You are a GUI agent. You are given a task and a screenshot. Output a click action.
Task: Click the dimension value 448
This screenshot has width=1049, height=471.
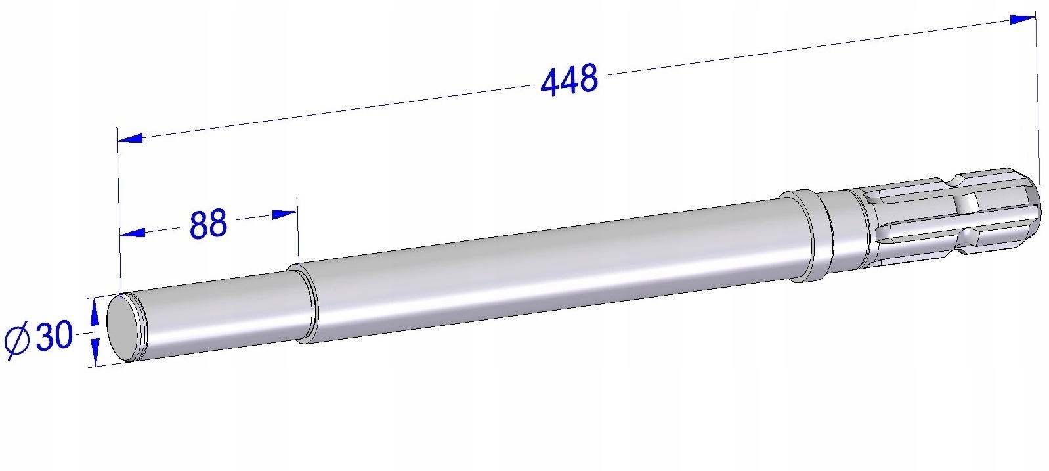568,80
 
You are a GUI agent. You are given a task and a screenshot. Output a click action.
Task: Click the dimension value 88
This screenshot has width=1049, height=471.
208,224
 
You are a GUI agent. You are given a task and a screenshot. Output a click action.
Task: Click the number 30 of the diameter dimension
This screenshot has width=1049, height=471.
54,336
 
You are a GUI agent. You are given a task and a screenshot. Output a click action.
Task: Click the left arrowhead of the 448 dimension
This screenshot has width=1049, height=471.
131,138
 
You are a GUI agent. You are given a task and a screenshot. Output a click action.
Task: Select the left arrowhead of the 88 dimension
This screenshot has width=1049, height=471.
133,233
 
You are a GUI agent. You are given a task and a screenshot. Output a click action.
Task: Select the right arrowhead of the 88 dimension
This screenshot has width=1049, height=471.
284,214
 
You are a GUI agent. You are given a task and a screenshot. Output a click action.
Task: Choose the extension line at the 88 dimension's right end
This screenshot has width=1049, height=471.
298,230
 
